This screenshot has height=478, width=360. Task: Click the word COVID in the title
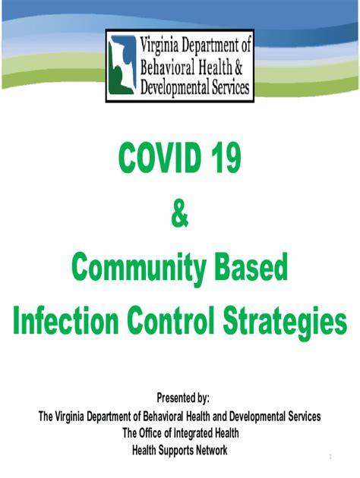[159, 158]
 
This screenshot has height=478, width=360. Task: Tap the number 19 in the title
[226, 158]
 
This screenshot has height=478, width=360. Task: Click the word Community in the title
[139, 269]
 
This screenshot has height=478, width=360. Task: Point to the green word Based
[251, 267]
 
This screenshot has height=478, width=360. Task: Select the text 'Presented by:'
[183, 398]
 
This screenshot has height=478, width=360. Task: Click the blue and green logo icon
[122, 65]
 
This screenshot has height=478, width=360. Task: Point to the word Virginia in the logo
[159, 46]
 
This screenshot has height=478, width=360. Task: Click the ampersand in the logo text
[238, 67]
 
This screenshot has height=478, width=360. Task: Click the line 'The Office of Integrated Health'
[181, 433]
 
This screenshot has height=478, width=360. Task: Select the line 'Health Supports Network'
[180, 450]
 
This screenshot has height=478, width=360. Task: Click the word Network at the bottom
[212, 450]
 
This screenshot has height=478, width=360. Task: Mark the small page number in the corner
[330, 457]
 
